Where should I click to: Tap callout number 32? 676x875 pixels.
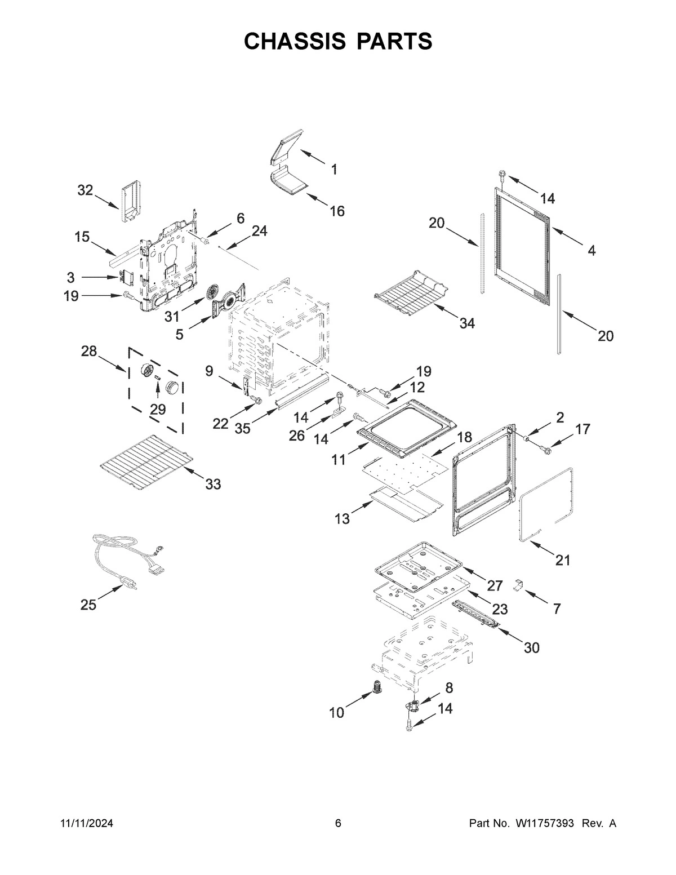85,190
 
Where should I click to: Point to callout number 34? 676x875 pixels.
467,323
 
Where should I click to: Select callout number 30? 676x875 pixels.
531,648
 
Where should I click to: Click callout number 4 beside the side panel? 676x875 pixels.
591,251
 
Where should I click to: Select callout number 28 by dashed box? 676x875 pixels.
88,352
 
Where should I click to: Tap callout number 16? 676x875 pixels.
337,211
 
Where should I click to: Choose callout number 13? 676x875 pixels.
342,519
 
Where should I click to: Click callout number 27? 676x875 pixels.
495,585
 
